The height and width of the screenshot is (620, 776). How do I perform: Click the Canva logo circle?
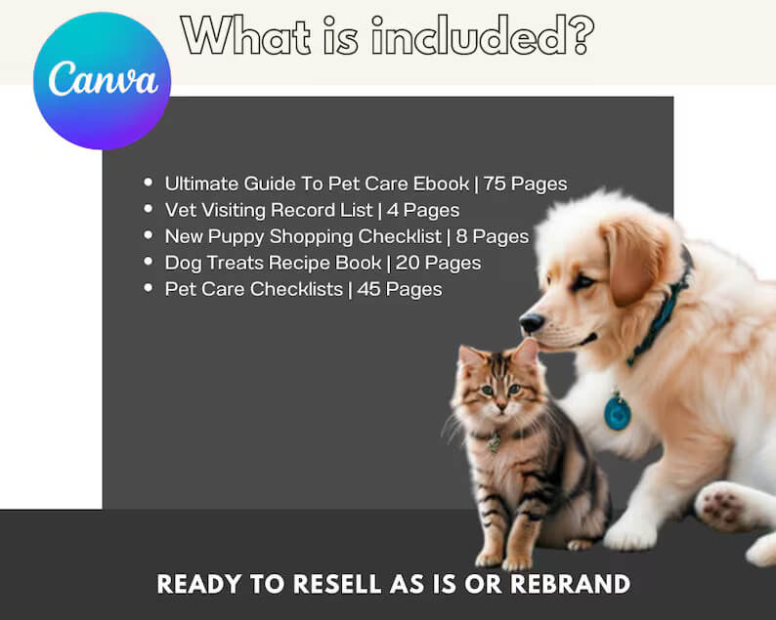coord(102,80)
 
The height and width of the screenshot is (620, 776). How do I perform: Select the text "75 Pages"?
coord(525,184)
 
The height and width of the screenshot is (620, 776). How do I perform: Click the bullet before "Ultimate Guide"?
coord(148,183)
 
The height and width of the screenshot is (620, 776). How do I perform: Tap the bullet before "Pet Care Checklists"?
coord(148,288)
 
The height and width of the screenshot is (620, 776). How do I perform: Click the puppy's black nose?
coord(532,322)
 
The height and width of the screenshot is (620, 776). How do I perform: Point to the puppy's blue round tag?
coord(618,411)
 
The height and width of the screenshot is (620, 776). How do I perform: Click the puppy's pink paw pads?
coord(722,507)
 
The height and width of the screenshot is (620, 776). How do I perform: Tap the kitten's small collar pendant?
coord(495,444)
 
